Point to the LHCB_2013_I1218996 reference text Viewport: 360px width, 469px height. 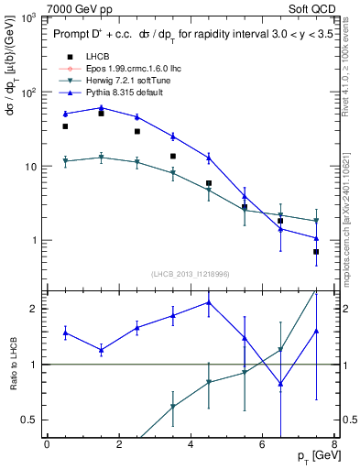(190, 274)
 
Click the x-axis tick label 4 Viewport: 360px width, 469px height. (191, 444)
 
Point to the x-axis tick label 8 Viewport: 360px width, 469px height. (334, 444)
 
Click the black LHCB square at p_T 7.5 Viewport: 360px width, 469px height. (316, 252)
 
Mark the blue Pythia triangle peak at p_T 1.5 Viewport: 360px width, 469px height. (101, 108)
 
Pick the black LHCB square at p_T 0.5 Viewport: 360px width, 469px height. (65, 126)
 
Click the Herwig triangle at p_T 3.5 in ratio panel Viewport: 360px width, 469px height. (172, 407)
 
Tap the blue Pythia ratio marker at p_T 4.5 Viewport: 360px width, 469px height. (209, 302)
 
